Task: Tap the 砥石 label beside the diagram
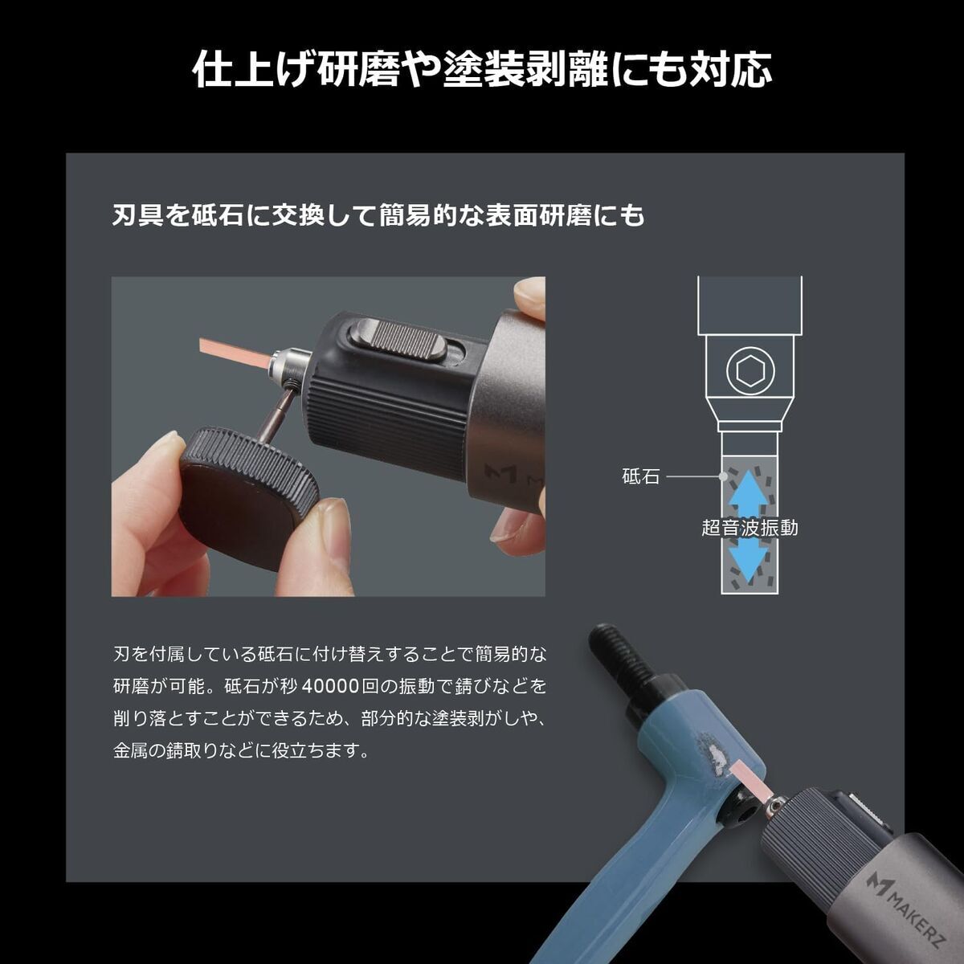pos(641,476)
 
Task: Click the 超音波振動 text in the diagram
pos(750,528)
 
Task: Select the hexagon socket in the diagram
pos(750,371)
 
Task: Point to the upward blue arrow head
pos(749,484)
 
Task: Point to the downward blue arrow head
pos(749,565)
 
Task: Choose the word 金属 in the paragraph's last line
pos(131,751)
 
